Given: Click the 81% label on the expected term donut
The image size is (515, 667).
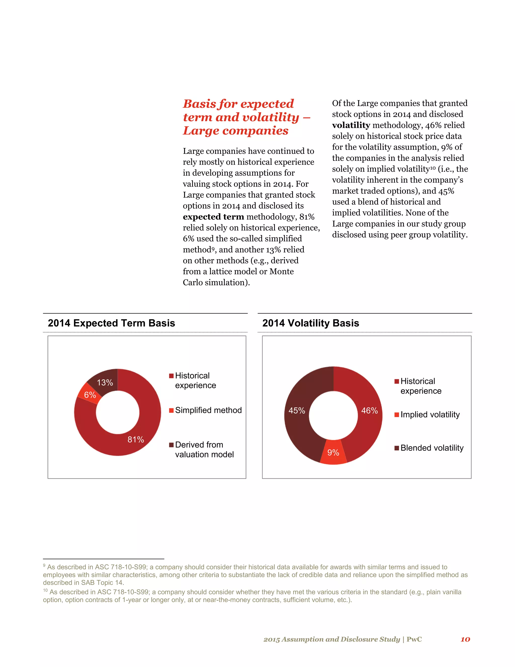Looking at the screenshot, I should click(136, 439).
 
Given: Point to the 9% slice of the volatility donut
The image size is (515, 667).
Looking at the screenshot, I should click(333, 452).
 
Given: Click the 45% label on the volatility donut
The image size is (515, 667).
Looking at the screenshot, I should click(296, 411).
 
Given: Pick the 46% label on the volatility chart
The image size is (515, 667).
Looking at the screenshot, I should click(369, 411).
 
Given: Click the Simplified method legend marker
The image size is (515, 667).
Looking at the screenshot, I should click(171, 410).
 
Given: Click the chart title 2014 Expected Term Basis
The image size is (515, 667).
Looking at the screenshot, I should click(111, 323).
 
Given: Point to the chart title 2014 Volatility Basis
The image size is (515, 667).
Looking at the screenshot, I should click(311, 323).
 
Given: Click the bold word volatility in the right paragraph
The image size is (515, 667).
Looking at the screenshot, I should click(351, 125).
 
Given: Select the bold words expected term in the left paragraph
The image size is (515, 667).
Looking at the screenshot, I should click(213, 217).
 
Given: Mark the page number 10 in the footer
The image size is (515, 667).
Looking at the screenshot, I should click(465, 639).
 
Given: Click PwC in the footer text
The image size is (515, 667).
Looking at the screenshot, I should click(414, 639).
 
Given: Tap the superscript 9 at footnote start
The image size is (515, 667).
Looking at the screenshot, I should click(44, 566).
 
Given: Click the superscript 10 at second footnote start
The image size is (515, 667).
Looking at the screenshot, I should click(45, 590).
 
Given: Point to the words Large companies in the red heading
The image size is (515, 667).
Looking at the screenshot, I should click(236, 131).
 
